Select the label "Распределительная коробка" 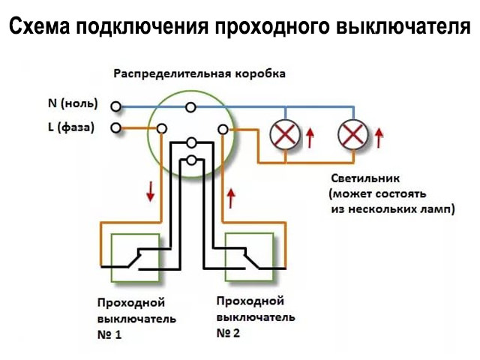pyautogui.click(x=199, y=75)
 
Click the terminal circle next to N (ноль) pyautogui.click(x=115, y=106)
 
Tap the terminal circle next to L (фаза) pyautogui.click(x=115, y=128)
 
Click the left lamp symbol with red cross pyautogui.click(x=283, y=136)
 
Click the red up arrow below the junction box pyautogui.click(x=231, y=197)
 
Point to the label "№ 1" pyautogui.click(x=109, y=334)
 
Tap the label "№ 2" pyautogui.click(x=228, y=333)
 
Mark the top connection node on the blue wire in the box pyautogui.click(x=191, y=108)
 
